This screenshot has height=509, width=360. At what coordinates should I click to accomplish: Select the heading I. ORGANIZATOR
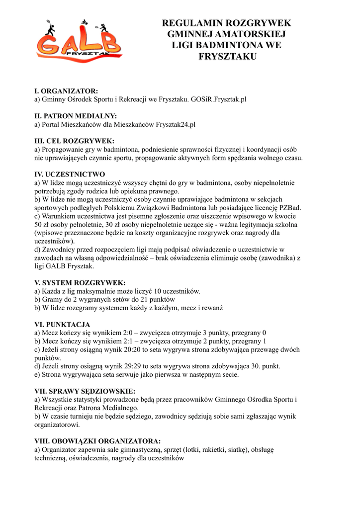coord(66,91)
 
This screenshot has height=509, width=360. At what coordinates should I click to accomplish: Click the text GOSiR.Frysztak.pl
coord(219,99)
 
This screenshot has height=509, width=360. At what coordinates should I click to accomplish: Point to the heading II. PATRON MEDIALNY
coord(75,116)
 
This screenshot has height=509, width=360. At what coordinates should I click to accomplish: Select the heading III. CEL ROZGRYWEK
coord(74,141)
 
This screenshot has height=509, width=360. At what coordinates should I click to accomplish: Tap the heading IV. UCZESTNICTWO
coord(69,174)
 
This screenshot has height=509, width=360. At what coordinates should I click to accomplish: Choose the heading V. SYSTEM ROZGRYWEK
coord(80,283)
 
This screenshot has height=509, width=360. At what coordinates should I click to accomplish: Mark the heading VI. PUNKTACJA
coord(62,325)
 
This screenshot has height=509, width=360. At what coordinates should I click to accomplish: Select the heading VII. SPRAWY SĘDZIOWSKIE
coord(85,391)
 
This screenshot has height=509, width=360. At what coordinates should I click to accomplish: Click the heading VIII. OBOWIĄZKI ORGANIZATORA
coord(97,441)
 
